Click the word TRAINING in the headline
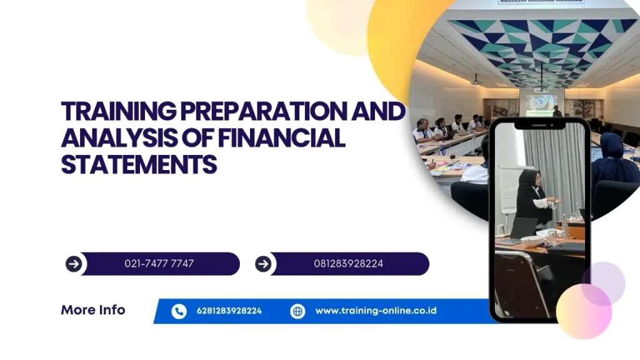(119, 111)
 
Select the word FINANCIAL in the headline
(282, 138)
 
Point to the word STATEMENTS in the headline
(139, 164)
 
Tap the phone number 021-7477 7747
(159, 264)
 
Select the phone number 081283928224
(349, 264)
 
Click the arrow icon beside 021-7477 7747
(74, 264)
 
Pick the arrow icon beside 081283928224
(263, 264)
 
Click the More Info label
(93, 310)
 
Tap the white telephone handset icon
(179, 311)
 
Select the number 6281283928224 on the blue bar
(229, 311)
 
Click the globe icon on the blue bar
(297, 311)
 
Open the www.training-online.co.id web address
(376, 311)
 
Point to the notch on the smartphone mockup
(539, 125)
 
